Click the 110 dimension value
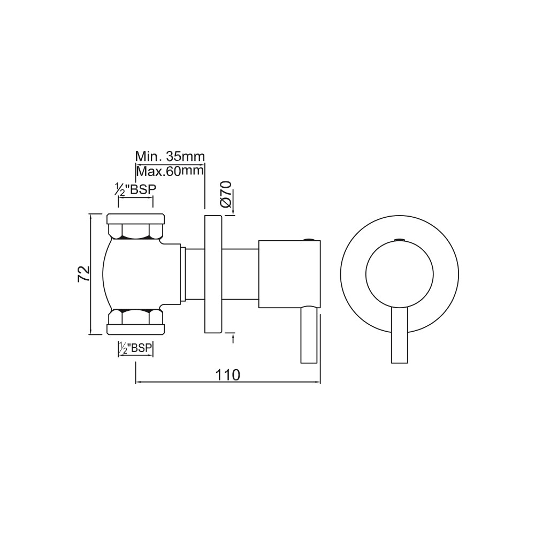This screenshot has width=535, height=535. [x=227, y=375]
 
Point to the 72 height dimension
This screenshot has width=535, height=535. [x=84, y=273]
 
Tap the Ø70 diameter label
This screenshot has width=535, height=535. [x=226, y=194]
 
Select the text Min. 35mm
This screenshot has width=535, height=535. [x=170, y=156]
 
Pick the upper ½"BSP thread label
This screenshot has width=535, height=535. [x=135, y=190]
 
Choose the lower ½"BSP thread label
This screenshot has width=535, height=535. [x=135, y=348]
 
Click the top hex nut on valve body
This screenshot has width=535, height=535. [x=135, y=231]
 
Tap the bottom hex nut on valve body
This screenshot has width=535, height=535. [x=135, y=317]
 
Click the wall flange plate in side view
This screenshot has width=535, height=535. [x=213, y=274]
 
